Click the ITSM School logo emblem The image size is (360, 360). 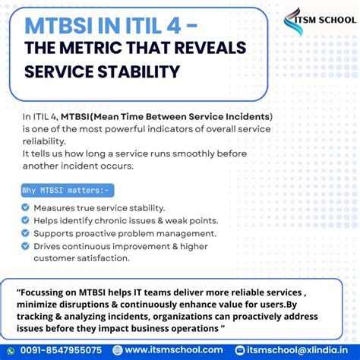point(293,21)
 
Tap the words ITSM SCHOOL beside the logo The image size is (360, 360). point(330,19)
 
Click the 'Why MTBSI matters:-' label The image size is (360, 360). point(65,190)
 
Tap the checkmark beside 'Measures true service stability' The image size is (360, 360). point(26,207)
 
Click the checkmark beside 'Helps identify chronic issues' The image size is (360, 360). point(26,220)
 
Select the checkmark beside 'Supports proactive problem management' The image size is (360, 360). point(26,233)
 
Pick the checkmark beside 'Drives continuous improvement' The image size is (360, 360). point(26,246)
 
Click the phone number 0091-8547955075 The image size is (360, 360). point(62,350)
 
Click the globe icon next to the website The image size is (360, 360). point(118,350)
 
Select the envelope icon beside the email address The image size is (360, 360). point(240,350)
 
